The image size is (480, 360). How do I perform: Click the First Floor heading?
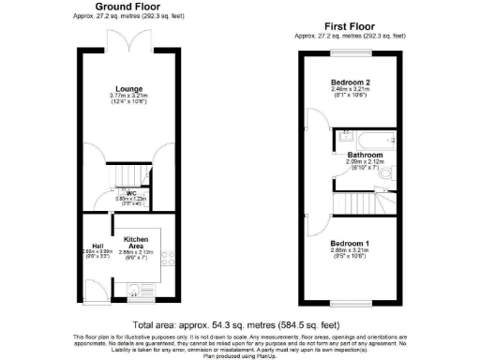pyautogui.click(x=352, y=27)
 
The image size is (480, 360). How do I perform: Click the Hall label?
pyautogui.click(x=96, y=246)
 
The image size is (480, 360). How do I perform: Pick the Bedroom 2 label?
pyautogui.click(x=352, y=82)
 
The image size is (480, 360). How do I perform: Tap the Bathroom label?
pyautogui.click(x=361, y=155)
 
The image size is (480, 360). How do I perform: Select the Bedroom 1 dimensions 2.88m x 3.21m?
pyautogui.click(x=352, y=248)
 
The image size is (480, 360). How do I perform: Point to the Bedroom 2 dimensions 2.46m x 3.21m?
pyautogui.click(x=352, y=89)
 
